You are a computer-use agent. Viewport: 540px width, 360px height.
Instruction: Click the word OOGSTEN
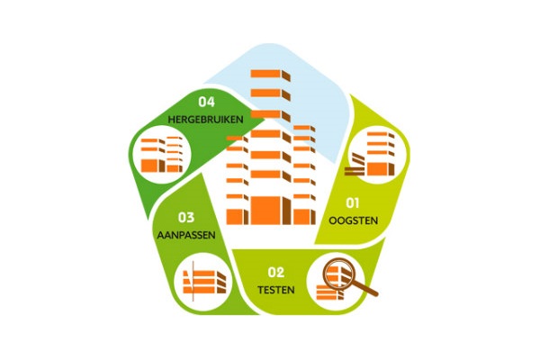[x=354, y=220]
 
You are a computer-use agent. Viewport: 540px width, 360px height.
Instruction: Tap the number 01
[x=353, y=202]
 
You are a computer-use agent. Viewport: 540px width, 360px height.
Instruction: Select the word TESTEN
[x=276, y=290]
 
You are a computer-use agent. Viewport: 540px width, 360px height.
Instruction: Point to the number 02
[x=276, y=273]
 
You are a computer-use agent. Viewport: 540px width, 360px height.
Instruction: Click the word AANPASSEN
[x=186, y=235]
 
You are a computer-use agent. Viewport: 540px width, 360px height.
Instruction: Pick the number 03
[x=186, y=218]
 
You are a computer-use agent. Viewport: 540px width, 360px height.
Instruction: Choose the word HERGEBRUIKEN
[x=205, y=120]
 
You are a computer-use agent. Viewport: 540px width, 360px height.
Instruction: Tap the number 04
[x=207, y=102]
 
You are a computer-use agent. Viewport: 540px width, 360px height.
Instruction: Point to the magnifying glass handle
[x=365, y=289]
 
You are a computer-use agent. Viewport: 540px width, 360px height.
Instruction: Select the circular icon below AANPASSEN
[x=203, y=282]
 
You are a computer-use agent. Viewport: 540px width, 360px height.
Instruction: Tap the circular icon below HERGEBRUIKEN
[x=161, y=154]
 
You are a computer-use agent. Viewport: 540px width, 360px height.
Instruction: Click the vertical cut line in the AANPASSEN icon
[x=193, y=281]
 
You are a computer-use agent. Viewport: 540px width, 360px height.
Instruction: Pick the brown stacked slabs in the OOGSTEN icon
[x=354, y=170]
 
